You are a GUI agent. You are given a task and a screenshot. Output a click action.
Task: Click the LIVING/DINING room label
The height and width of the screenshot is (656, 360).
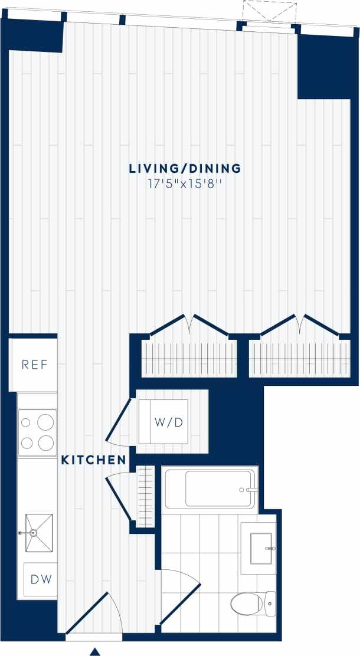[x=185, y=169]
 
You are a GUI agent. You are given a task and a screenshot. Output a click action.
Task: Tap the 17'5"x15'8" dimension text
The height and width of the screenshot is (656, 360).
[x=185, y=184]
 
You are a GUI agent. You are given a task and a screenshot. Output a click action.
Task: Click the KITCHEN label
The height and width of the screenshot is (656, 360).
[x=93, y=460]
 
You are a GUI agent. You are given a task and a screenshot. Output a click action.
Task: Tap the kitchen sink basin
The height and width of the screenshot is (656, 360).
[x=39, y=533]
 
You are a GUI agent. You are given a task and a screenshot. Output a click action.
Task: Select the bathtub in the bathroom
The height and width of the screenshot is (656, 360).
[x=210, y=488]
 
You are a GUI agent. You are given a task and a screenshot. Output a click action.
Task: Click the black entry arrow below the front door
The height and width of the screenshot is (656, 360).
[x=94, y=651]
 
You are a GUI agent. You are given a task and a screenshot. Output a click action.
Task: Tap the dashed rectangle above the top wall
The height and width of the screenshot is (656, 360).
[x=269, y=11]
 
